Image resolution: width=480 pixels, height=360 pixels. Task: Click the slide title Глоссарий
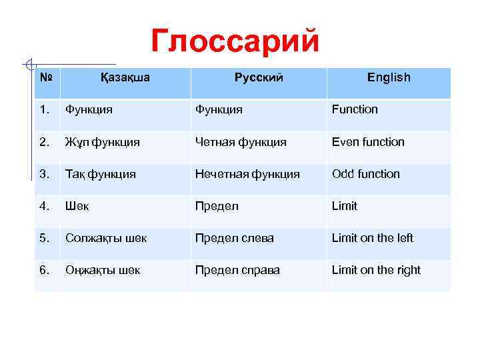[x=235, y=41]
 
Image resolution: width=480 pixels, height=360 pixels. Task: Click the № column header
[x=46, y=77]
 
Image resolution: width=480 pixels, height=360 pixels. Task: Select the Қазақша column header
[x=125, y=77]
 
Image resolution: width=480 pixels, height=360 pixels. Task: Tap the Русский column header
[x=259, y=77]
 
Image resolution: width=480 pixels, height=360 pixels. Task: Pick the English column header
[x=389, y=77]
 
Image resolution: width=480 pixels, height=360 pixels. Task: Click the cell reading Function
[x=355, y=109]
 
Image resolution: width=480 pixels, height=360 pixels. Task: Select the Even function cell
[x=368, y=141]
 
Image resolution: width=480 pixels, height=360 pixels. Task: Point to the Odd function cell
[x=366, y=174]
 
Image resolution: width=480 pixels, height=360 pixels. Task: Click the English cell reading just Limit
[x=345, y=206]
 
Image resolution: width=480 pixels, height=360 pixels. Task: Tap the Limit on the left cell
[x=373, y=238]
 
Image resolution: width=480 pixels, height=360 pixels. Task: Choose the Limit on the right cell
[x=376, y=270]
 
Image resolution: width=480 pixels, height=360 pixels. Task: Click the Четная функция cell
[x=241, y=141]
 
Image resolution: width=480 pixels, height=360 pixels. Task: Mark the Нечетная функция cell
[x=247, y=174]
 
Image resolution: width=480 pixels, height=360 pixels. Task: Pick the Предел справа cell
[x=237, y=270]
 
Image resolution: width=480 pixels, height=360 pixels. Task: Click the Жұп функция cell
[x=102, y=141]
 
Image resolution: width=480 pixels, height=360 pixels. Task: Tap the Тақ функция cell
[x=100, y=174]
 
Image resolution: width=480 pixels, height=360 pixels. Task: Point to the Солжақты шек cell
[x=106, y=238]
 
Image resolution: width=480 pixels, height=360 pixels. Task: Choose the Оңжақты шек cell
[x=103, y=270]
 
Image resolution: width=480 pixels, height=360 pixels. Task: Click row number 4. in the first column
[x=45, y=206]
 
